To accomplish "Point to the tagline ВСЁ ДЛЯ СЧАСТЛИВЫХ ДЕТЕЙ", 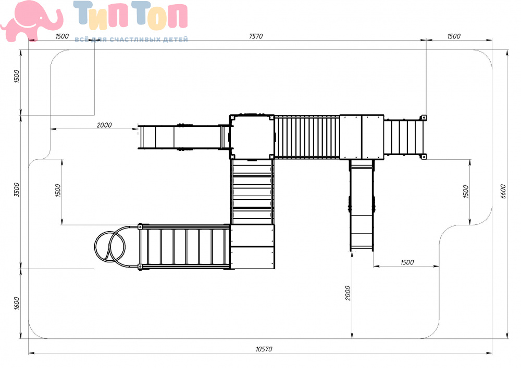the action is [x=131, y=40].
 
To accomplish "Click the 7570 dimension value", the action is [x=255, y=36].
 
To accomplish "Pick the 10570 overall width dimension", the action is [x=264, y=349].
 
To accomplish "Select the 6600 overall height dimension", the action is [x=503, y=192].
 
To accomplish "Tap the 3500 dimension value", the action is [x=17, y=189].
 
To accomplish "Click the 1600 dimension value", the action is [x=17, y=303].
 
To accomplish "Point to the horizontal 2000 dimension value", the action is [x=104, y=125].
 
